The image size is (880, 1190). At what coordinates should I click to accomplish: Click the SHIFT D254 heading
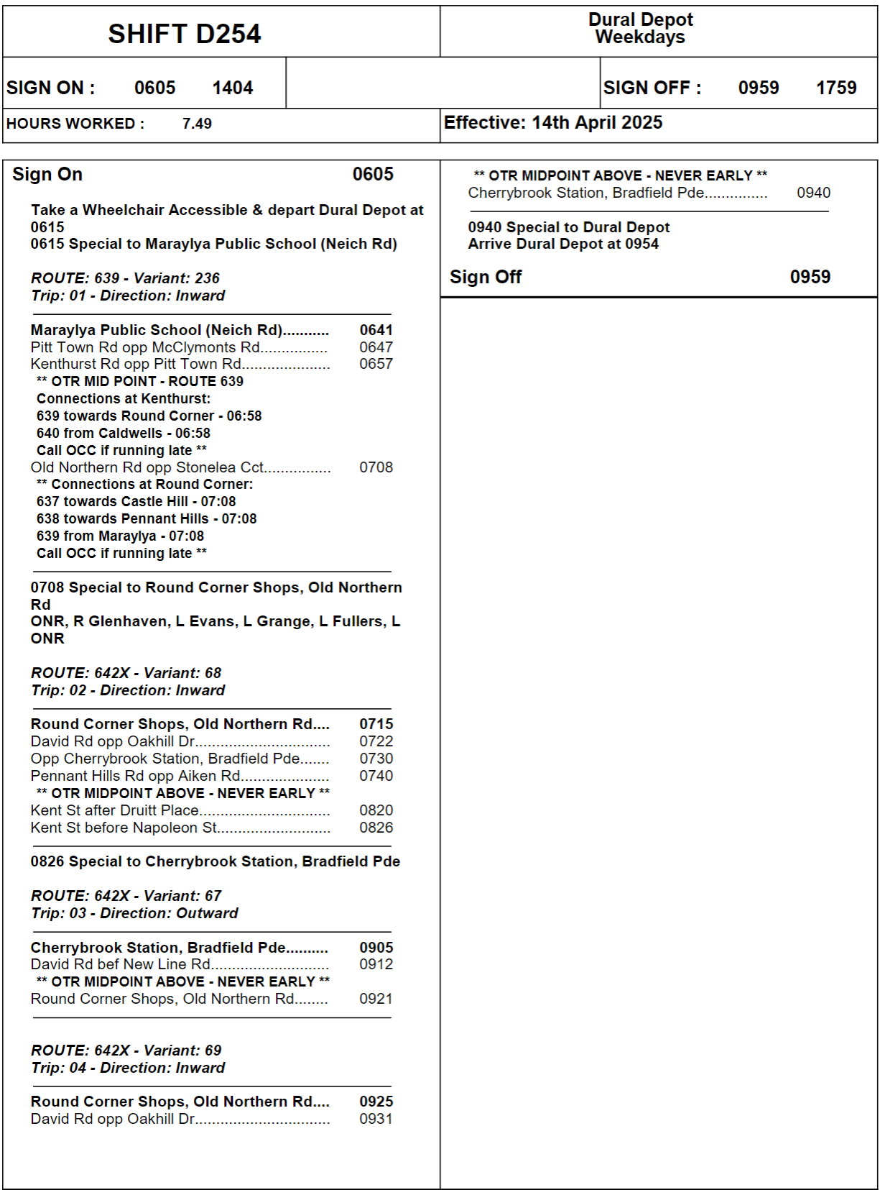point(185,34)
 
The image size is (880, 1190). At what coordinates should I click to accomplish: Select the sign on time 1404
point(233,88)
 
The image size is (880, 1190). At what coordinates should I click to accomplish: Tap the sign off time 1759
point(836,88)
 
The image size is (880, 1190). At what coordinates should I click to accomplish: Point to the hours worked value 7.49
point(197,124)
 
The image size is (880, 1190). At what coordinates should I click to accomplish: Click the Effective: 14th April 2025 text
point(553,123)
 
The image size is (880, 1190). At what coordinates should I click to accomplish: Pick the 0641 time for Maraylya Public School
point(376,330)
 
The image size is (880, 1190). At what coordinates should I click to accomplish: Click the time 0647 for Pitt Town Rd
point(376,347)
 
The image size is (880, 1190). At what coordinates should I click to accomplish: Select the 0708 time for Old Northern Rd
point(376,467)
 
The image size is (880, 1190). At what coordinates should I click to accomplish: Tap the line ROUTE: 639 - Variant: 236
point(125,278)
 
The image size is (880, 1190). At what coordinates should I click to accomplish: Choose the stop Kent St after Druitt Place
point(115,810)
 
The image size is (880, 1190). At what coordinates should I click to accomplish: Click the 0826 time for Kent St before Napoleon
point(376,828)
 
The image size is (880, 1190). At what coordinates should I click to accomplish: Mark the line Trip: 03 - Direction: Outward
point(134,913)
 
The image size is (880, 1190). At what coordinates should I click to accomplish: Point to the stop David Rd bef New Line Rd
point(121,964)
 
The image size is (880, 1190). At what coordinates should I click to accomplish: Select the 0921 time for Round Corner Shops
point(376,999)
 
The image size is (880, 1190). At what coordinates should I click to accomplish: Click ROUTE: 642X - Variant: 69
point(126,1051)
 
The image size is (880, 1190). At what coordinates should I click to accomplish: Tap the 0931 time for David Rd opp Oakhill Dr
point(376,1119)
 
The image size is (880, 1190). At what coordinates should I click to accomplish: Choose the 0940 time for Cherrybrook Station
point(813,193)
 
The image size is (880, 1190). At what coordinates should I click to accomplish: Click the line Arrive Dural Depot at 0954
point(563,244)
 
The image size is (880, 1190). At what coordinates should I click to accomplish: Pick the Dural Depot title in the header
point(641,19)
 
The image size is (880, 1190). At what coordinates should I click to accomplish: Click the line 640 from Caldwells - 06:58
point(124,433)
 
